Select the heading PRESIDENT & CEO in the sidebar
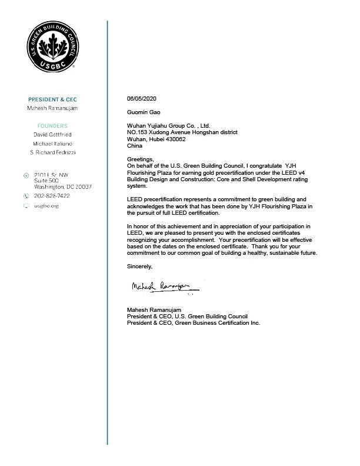coord(52,99)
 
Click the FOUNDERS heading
coord(52,126)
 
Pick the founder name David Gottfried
coord(52,135)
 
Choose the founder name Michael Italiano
coord(52,144)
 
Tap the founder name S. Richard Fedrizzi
coord(52,152)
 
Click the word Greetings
coord(141,160)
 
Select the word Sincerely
coord(139,267)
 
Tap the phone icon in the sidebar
coord(26,195)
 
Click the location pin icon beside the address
coord(26,175)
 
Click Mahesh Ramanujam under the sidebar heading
coord(52,109)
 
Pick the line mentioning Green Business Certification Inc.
coord(194,323)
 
